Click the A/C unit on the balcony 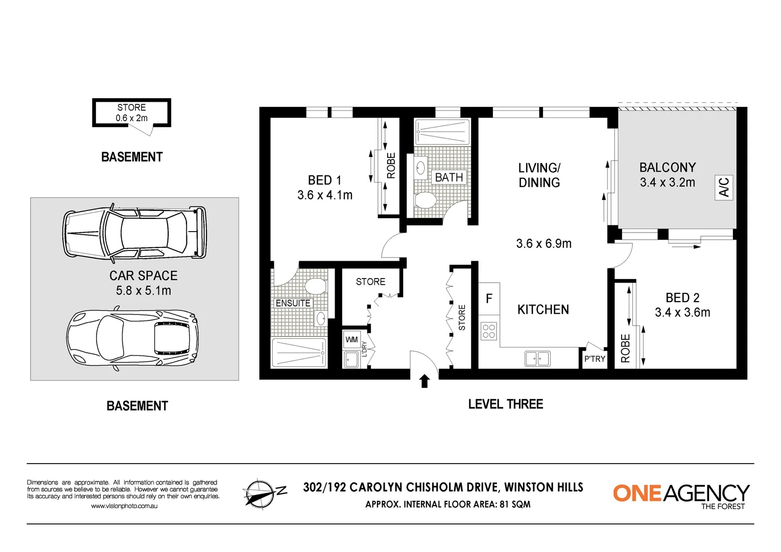[724, 188]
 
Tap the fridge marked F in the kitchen [489, 298]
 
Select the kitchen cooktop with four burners [488, 331]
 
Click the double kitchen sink [537, 359]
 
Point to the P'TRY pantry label [595, 359]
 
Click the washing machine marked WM [351, 339]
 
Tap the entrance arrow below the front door [424, 381]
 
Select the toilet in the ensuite [316, 286]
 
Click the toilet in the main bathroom [425, 200]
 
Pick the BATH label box [449, 177]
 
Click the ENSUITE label [293, 303]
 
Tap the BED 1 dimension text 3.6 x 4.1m [325, 195]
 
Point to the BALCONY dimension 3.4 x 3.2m [667, 182]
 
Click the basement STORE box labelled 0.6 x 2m [131, 113]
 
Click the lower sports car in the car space [132, 338]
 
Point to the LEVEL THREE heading [506, 404]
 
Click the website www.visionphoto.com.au [125, 506]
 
